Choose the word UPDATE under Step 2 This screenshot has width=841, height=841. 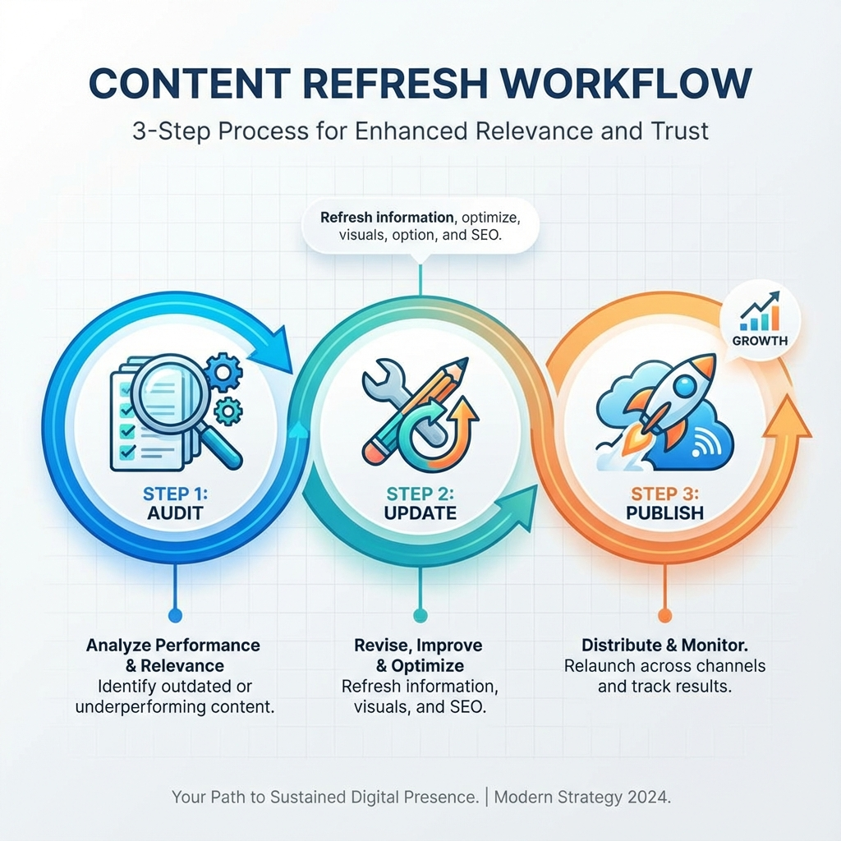[x=420, y=513]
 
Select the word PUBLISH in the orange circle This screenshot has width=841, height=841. [x=666, y=513]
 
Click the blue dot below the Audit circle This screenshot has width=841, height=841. [x=173, y=615]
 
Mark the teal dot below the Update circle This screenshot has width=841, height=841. [x=420, y=615]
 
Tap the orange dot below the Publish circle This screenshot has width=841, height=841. [x=665, y=615]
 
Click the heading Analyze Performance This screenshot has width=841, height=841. [x=173, y=645]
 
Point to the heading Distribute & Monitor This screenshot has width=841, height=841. [x=664, y=645]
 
